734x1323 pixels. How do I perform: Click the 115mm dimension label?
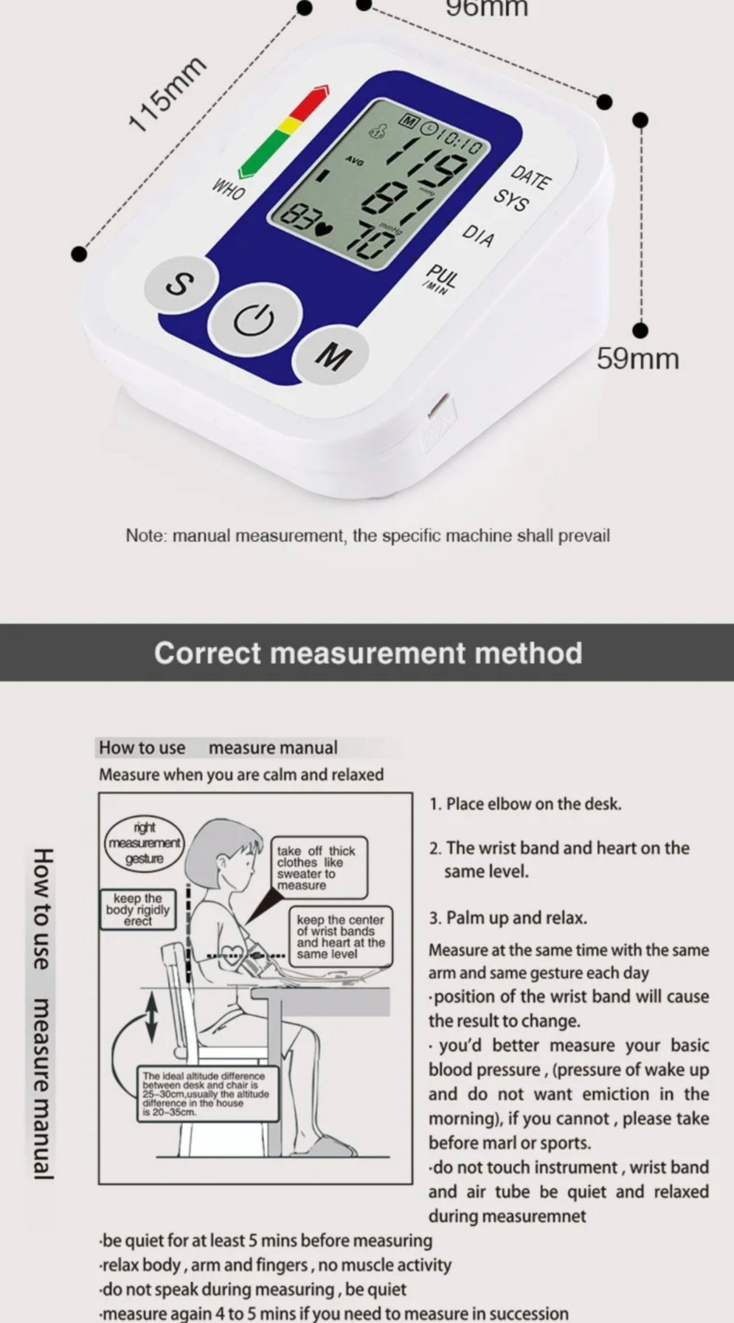tap(166, 94)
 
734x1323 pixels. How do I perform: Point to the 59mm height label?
tap(637, 359)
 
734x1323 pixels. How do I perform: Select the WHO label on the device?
tap(229, 190)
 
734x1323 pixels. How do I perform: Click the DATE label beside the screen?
tap(531, 177)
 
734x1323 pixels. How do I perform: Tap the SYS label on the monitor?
tap(510, 200)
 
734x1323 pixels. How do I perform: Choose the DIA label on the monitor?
tap(478, 235)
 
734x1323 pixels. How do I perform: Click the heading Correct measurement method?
tap(368, 653)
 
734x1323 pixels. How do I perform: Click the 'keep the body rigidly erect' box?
tap(138, 909)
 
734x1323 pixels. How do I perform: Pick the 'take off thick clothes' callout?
tap(317, 868)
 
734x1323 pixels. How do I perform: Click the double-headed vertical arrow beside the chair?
tap(151, 1018)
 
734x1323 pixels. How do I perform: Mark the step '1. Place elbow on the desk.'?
tap(526, 804)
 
